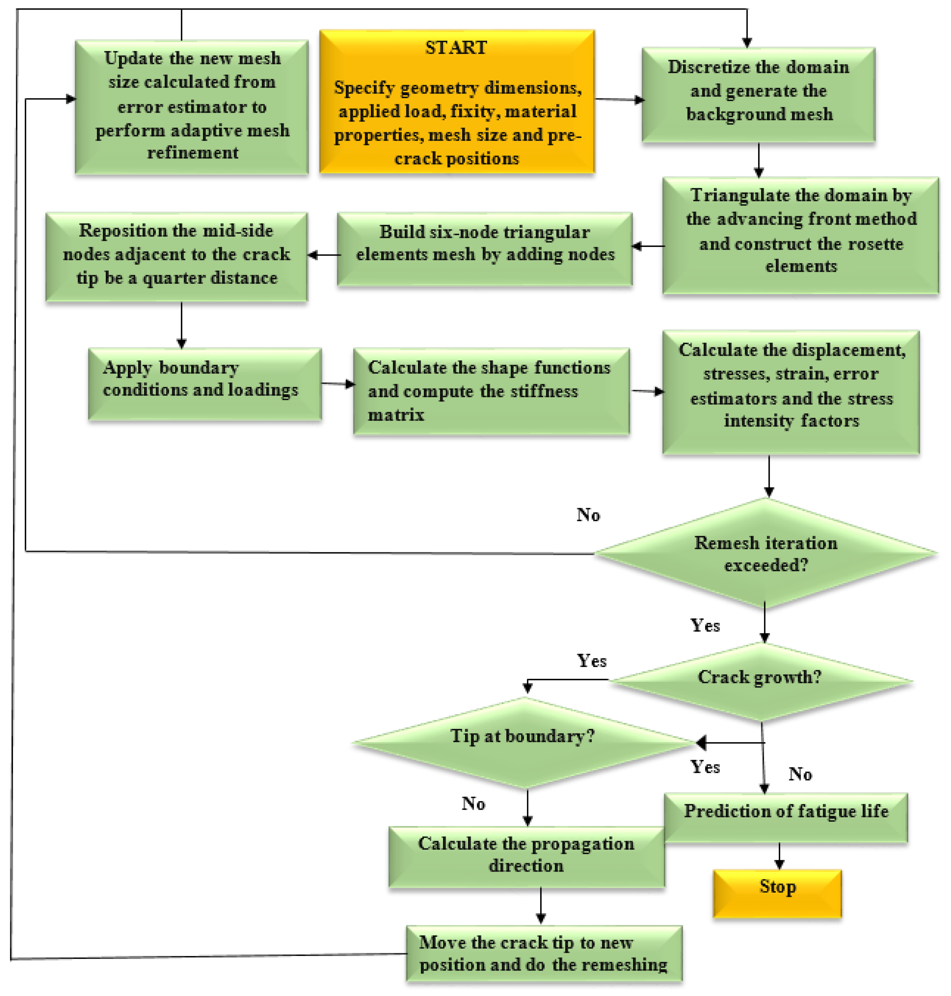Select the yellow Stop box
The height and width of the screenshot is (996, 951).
coord(777,893)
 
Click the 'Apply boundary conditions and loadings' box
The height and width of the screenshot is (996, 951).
coord(204,384)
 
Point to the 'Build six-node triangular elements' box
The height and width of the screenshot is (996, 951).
coord(485,249)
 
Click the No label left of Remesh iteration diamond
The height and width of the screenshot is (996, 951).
coord(588,515)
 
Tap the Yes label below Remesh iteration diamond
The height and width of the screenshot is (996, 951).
coord(705,625)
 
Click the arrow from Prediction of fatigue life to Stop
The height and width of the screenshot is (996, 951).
coord(779,856)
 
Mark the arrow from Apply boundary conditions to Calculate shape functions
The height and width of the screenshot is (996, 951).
coord(337,384)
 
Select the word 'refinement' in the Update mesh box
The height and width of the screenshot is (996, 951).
coord(193,153)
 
